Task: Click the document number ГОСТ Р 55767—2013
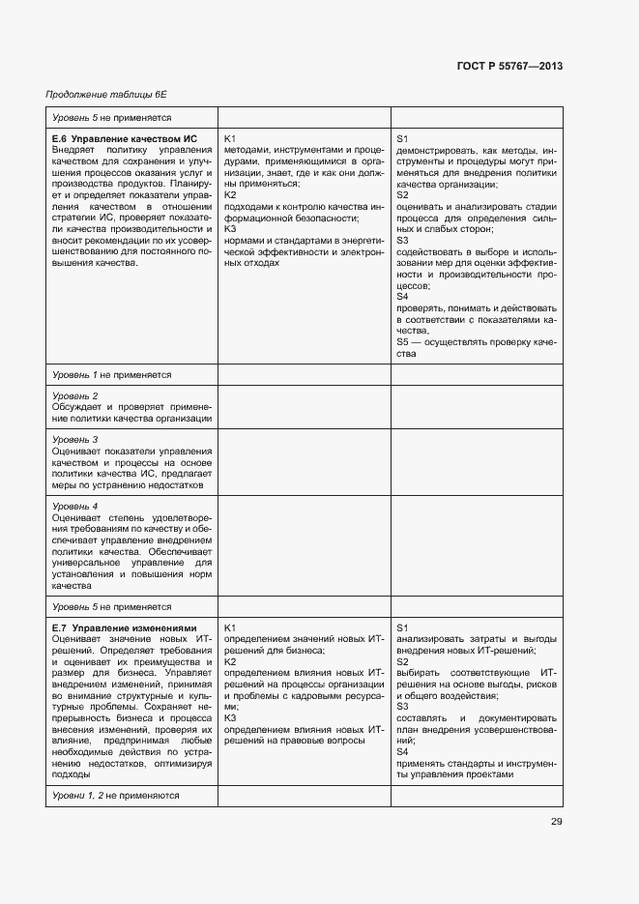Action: (508, 67)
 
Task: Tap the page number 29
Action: (556, 822)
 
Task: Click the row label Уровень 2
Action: (75, 396)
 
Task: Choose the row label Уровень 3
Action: (75, 440)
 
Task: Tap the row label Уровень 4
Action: (75, 507)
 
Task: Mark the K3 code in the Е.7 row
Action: (230, 717)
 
